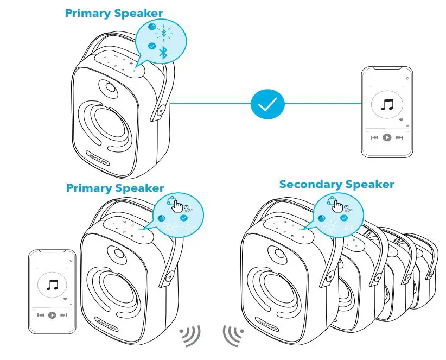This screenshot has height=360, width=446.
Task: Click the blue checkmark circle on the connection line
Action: tap(267, 103)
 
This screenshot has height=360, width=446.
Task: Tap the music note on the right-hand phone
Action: tap(387, 105)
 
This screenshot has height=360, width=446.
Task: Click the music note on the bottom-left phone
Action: tap(52, 285)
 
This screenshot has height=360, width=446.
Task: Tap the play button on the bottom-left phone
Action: tap(52, 315)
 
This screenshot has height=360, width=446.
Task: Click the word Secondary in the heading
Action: tap(307, 184)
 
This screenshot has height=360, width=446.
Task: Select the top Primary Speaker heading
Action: tap(113, 12)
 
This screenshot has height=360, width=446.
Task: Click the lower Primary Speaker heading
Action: tap(114, 188)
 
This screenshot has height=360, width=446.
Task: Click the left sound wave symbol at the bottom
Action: tap(191, 337)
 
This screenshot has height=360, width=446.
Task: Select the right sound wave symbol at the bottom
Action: tap(232, 336)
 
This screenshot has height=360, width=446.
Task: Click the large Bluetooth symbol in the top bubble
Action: tap(163, 53)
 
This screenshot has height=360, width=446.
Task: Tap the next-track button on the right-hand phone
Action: tap(400, 138)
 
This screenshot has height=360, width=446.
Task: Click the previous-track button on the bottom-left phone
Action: tap(40, 315)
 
